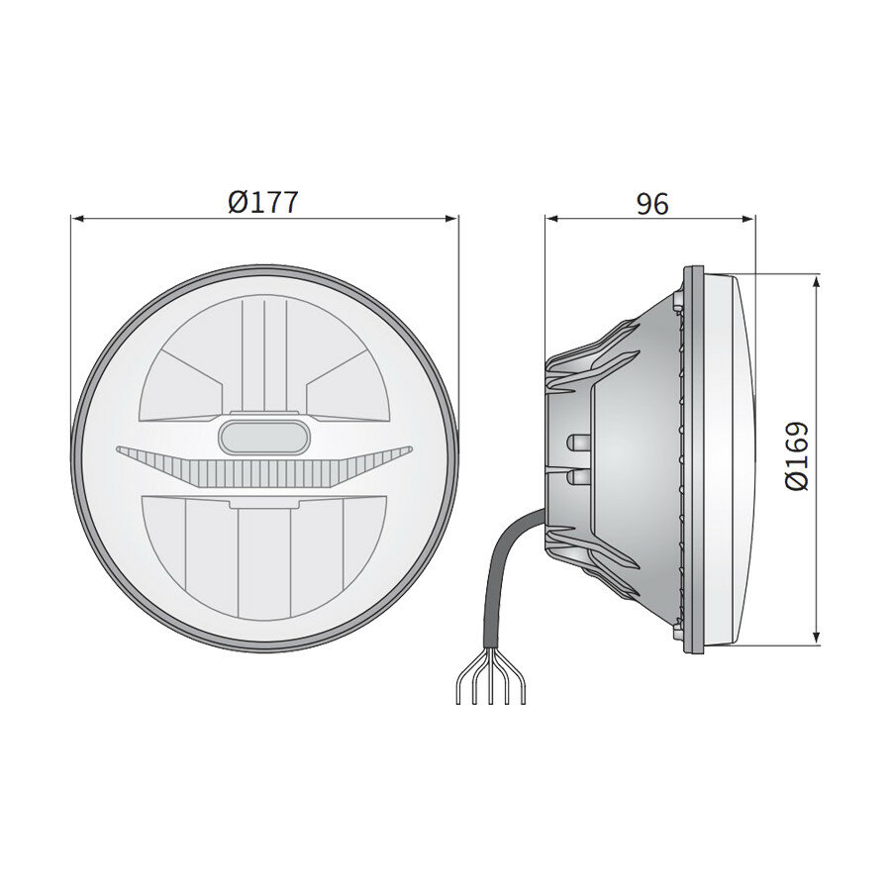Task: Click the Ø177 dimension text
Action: pyautogui.click(x=262, y=202)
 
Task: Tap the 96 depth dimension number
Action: pyautogui.click(x=652, y=203)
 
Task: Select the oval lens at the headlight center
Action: pyautogui.click(x=264, y=435)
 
